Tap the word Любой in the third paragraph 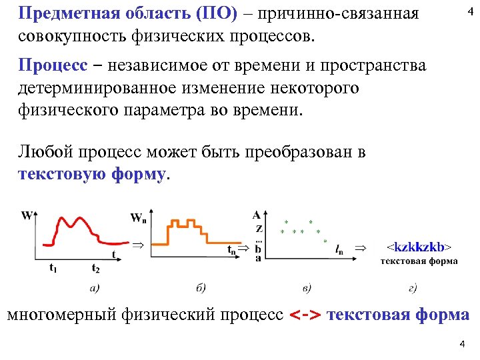click(45, 153)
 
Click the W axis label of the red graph click(27, 215)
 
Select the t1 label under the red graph click(53, 269)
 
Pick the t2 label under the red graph click(95, 269)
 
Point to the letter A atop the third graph click(257, 215)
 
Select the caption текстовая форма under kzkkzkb click(419, 261)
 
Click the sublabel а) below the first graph click(95, 288)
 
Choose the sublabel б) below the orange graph click(201, 288)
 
